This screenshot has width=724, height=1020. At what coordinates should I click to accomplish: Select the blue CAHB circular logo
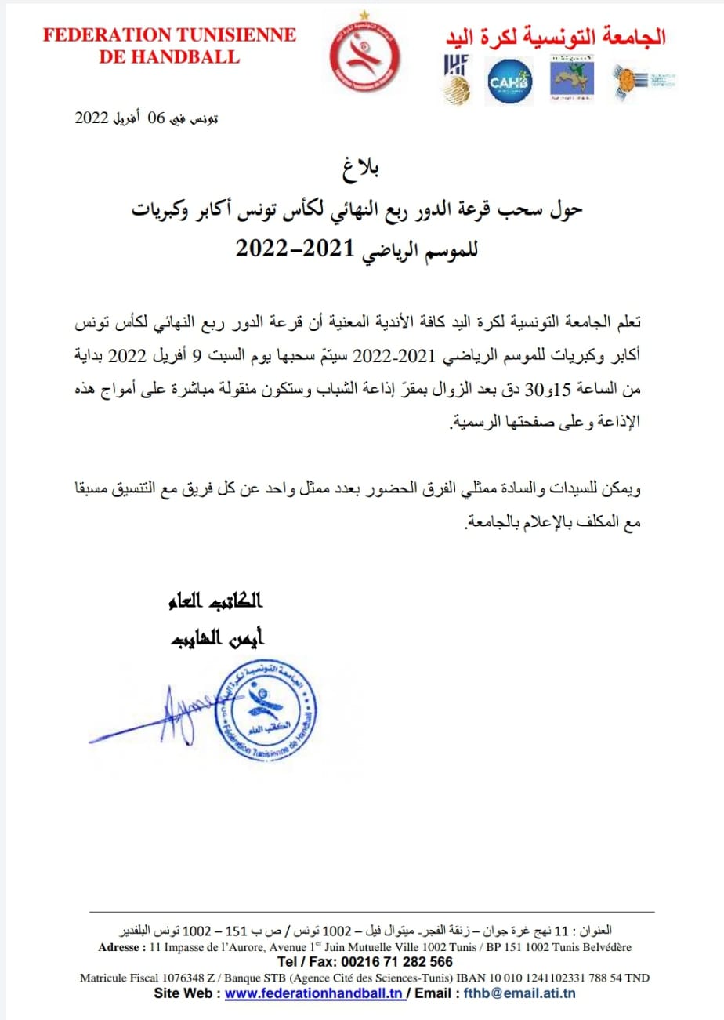pos(510,81)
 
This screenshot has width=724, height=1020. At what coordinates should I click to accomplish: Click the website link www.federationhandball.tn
pos(313,992)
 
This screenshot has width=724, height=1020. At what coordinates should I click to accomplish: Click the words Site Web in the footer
pos(185,992)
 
